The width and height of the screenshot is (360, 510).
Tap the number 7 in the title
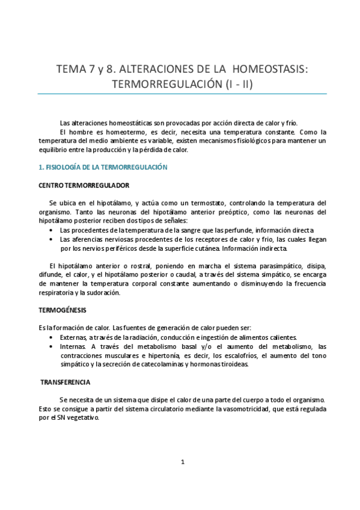pos(90,69)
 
